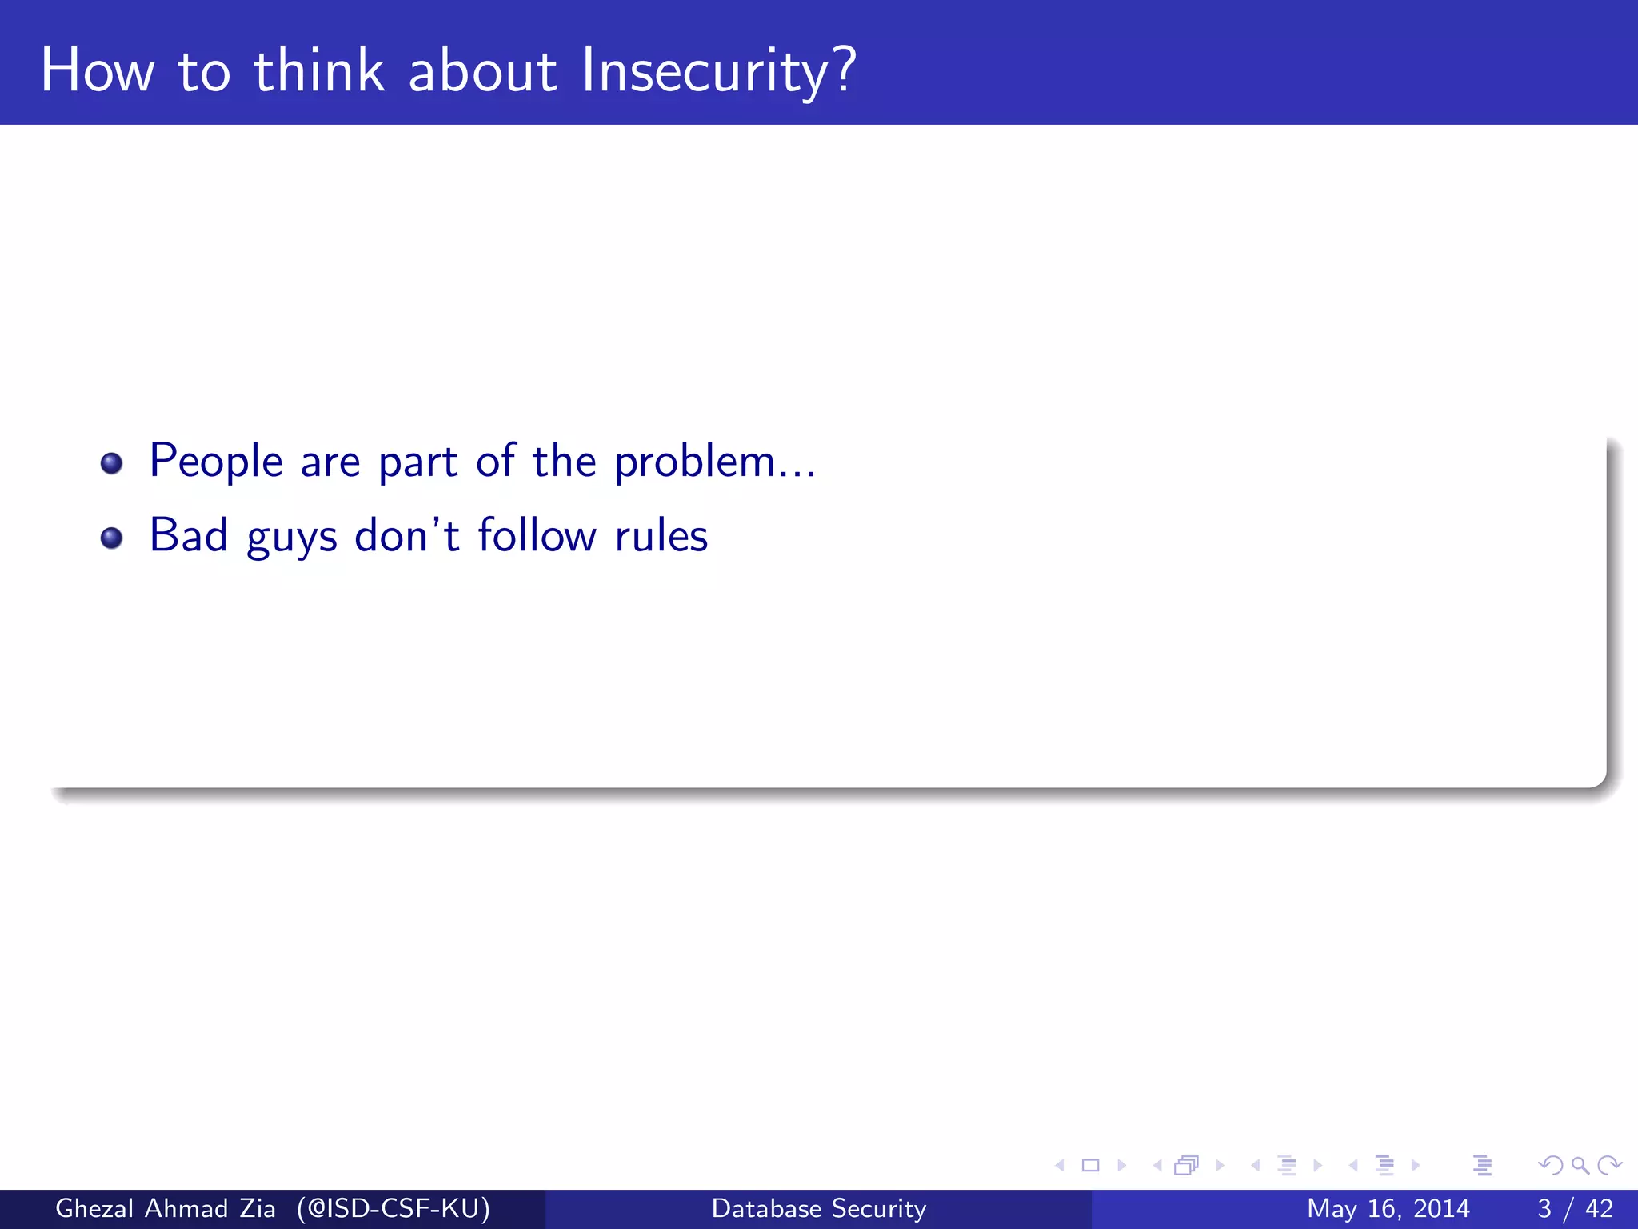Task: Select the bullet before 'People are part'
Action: (x=112, y=463)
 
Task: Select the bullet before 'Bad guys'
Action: (x=112, y=538)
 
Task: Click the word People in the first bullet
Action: (x=216, y=462)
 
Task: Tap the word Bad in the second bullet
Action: (x=189, y=535)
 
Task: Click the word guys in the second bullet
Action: (x=292, y=538)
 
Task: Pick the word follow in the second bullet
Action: (x=537, y=535)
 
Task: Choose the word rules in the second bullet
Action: (x=661, y=535)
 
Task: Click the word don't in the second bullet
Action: (x=407, y=535)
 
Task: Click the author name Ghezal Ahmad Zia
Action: (x=166, y=1208)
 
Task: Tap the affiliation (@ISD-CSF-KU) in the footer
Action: (x=394, y=1208)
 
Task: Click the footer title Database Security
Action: (x=819, y=1208)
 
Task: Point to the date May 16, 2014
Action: (x=1388, y=1208)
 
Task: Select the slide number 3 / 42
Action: (x=1575, y=1208)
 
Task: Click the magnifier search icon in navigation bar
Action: (x=1580, y=1166)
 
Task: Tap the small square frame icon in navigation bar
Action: (x=1090, y=1166)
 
